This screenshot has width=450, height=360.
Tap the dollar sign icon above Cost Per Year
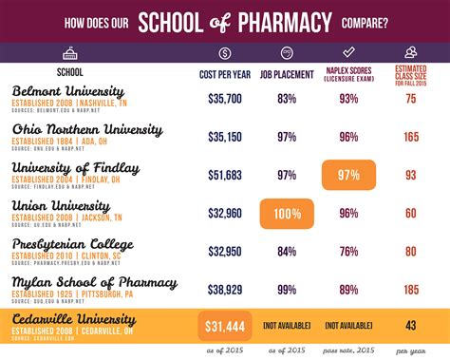(x=224, y=53)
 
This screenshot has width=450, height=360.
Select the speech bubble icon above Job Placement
(x=287, y=53)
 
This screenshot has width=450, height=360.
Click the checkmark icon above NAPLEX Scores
(x=347, y=53)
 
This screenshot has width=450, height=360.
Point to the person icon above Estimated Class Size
(x=410, y=53)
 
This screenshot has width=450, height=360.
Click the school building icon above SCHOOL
(x=69, y=53)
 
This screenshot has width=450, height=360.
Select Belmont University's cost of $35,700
(x=224, y=98)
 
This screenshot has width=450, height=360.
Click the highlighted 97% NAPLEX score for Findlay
(x=348, y=175)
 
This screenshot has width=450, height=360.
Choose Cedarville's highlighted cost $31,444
(x=225, y=326)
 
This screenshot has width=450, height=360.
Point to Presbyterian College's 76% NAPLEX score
(x=348, y=250)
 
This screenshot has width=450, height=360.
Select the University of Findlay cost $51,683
(x=224, y=175)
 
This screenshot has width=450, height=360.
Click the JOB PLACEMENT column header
(x=287, y=73)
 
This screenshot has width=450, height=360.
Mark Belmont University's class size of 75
(x=410, y=98)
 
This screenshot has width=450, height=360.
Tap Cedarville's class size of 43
(x=410, y=326)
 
